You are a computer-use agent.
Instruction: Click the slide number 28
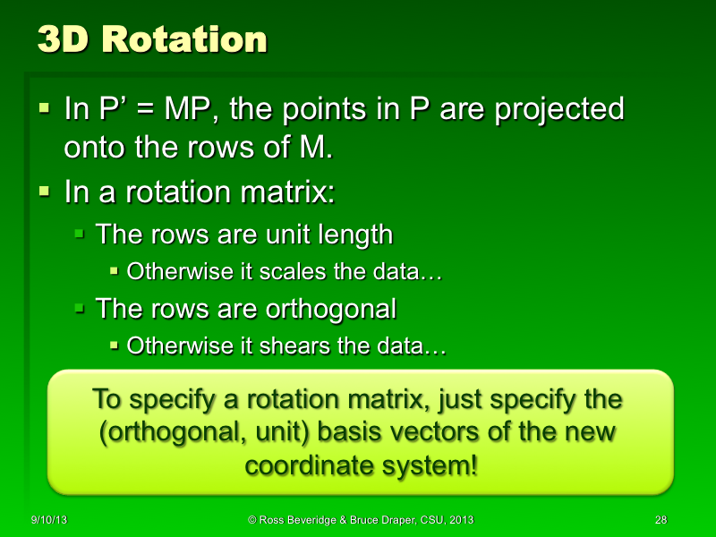click(661, 520)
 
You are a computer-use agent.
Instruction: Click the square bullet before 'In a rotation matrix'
click(46, 191)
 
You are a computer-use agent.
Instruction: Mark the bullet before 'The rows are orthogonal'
click(80, 309)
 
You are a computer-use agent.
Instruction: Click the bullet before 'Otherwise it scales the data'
click(115, 271)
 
